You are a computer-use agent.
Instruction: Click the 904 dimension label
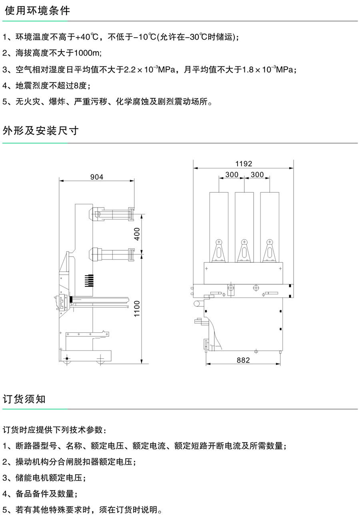tap(96, 177)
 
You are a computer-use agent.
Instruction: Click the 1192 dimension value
tap(244, 164)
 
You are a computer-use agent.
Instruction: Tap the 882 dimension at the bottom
tap(243, 360)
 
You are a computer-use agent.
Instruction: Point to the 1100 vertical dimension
tap(137, 309)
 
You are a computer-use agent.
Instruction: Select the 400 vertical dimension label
tap(137, 234)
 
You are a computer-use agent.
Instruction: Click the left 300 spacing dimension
tap(232, 174)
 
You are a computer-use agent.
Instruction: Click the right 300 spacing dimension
tap(257, 174)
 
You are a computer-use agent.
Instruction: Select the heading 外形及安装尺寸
tap(40, 131)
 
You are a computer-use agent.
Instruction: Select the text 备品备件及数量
tap(45, 494)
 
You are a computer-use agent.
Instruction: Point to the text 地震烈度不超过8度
tap(53, 85)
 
